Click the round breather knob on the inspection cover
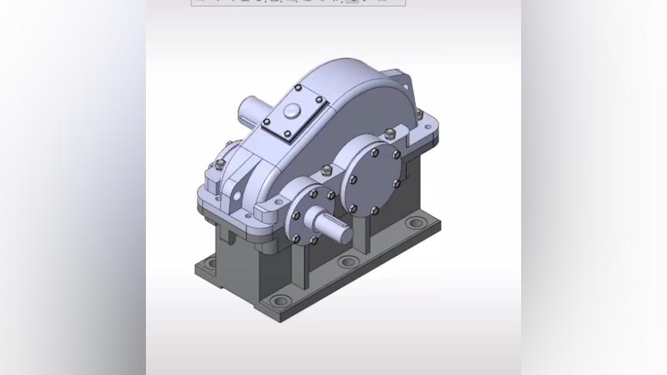(292, 110)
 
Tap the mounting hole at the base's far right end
(415, 224)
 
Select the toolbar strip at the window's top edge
(297, 2)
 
